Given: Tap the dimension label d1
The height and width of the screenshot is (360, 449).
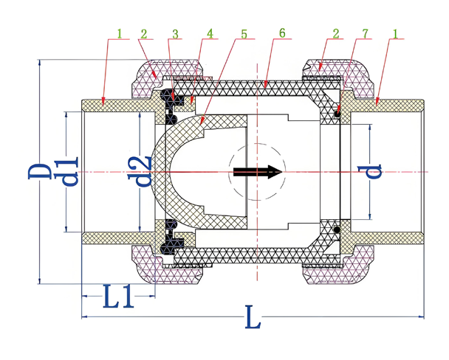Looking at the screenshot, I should pyautogui.click(x=71, y=170).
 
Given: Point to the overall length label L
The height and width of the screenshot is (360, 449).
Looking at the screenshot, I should pyautogui.click(x=252, y=321).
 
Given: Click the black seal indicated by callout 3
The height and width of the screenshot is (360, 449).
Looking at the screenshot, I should pyautogui.click(x=175, y=96).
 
